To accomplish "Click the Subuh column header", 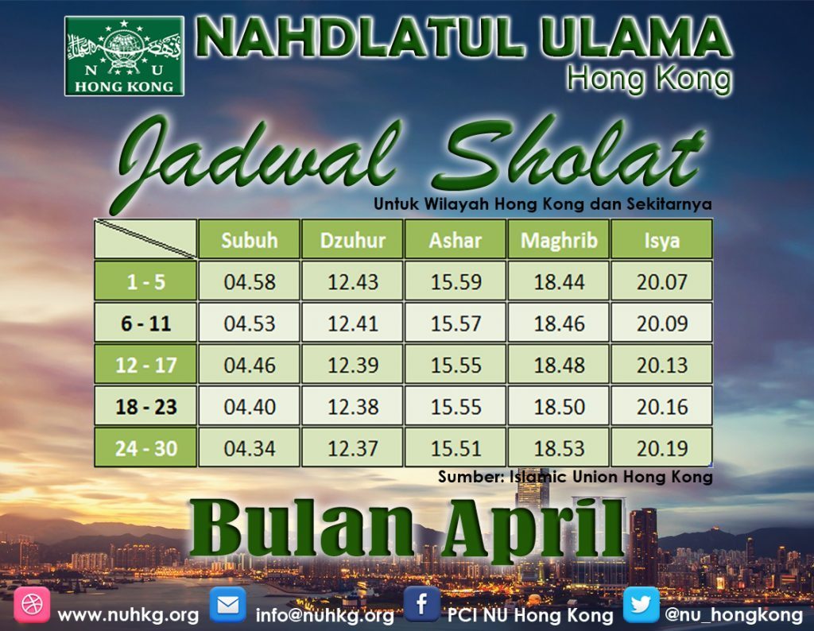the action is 249,239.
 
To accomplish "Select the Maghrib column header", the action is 558,239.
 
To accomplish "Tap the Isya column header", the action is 661,239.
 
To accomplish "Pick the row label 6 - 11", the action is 145,323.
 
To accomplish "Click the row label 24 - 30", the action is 145,447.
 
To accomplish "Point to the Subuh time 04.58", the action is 249,281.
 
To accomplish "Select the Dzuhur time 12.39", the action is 352,364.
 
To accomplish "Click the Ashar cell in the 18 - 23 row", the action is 455,406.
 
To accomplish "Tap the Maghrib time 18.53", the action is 558,447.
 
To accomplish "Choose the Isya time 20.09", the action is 661,323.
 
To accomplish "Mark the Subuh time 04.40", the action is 249,406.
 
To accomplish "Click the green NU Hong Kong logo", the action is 124,56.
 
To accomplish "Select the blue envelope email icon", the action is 227,605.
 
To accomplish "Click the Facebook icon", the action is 421,604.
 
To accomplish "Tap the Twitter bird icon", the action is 642,605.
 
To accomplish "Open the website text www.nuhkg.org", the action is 128,615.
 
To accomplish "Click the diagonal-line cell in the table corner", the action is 145,239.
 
